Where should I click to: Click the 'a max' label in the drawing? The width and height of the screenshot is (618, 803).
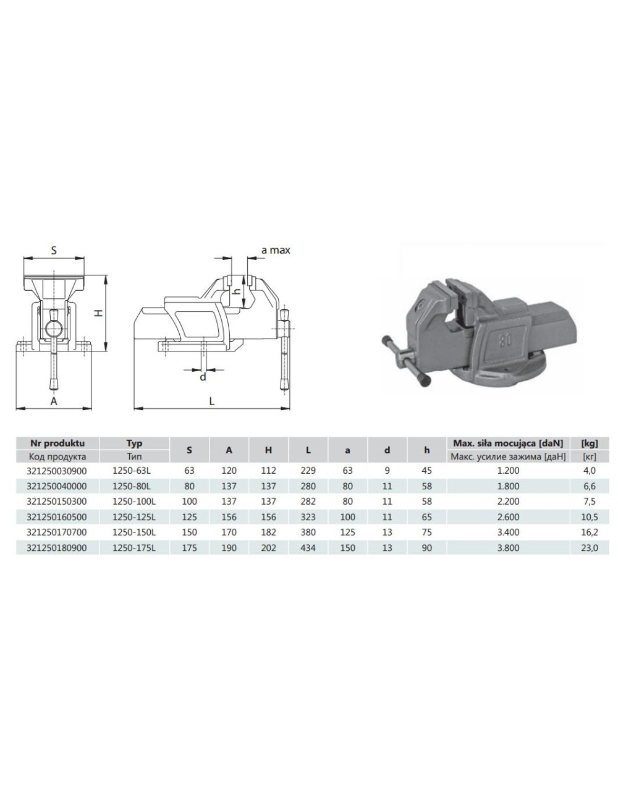(275, 250)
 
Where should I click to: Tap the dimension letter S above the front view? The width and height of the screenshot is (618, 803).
(54, 250)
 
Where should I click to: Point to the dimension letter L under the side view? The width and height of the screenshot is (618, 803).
(211, 401)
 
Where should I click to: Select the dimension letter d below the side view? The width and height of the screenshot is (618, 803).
(203, 377)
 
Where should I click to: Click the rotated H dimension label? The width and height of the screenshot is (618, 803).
(98, 314)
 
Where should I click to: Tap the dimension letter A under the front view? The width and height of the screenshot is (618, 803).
(54, 401)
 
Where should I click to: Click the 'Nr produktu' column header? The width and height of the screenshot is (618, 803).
(57, 443)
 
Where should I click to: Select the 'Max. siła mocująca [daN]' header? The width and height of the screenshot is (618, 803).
(508, 443)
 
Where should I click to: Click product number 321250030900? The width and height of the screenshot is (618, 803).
(57, 471)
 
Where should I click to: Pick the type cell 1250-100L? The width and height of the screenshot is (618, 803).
(134, 502)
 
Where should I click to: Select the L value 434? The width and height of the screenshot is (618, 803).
(308, 548)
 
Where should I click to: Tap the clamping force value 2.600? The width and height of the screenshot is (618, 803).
(508, 517)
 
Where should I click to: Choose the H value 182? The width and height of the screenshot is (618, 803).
(268, 532)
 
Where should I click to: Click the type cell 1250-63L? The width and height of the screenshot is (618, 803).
(134, 471)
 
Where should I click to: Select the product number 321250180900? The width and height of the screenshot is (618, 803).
(57, 548)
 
